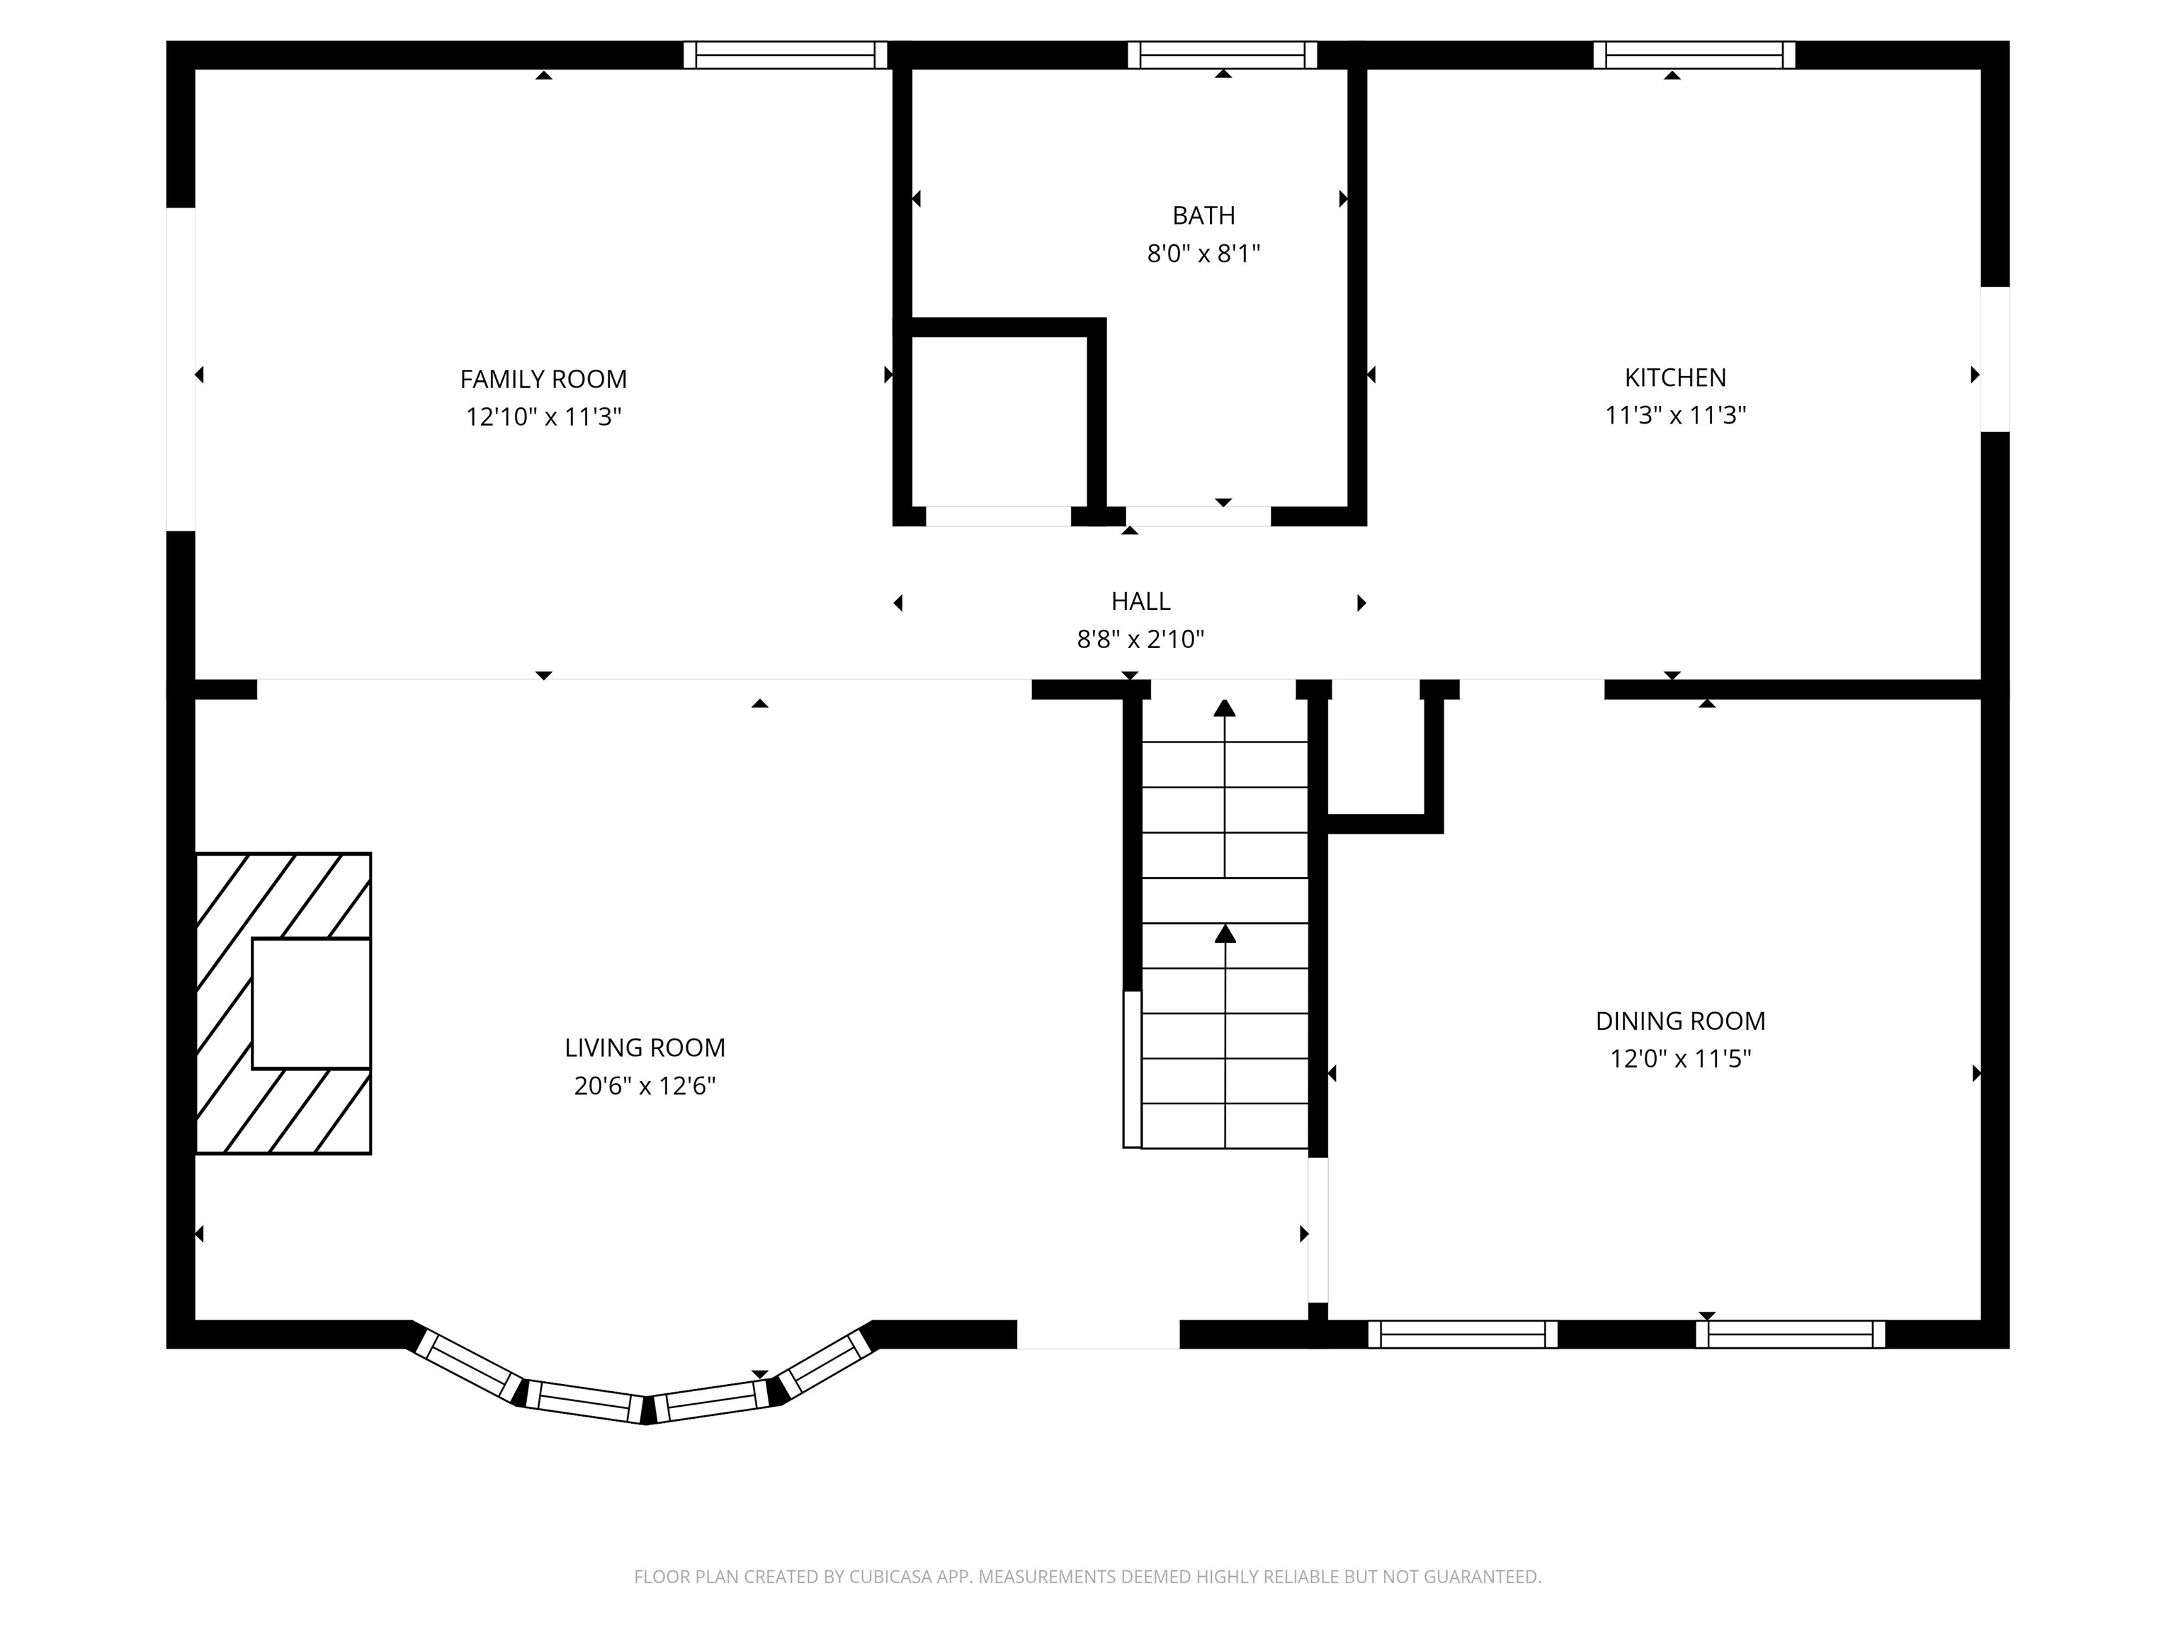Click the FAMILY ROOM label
point(543,379)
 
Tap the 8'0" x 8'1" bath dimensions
point(1203,254)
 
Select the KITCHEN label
point(1674,377)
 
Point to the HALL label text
point(1140,601)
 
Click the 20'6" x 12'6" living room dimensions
point(645,1086)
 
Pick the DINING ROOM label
point(1679,1021)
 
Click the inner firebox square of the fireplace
point(311,1004)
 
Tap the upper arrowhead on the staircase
point(1224,708)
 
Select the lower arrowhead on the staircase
point(1225,934)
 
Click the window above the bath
point(1222,55)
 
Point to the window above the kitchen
point(1693,55)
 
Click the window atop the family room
point(785,55)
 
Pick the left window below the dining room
point(1462,1334)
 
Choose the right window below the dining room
point(1789,1334)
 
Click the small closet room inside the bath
point(999,421)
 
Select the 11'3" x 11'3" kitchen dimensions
point(1674,415)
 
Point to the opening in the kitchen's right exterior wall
point(1994,359)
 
